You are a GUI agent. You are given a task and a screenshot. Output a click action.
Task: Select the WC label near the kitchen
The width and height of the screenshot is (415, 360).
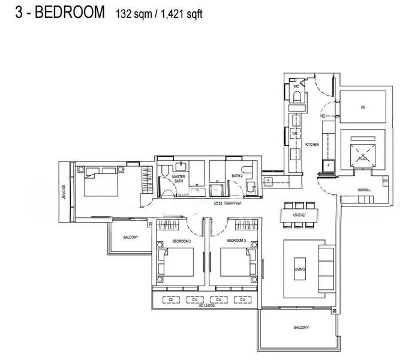(296, 87)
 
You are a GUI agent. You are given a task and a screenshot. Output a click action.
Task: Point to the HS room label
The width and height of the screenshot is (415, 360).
(362, 107)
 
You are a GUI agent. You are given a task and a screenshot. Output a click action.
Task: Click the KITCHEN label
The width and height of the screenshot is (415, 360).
(312, 145)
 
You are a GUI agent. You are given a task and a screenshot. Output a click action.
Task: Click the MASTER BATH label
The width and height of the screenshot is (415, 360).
(178, 178)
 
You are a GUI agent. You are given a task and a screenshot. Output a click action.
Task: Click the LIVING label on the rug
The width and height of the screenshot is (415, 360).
(300, 269)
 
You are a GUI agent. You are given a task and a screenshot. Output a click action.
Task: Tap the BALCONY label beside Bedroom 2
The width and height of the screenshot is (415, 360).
(131, 238)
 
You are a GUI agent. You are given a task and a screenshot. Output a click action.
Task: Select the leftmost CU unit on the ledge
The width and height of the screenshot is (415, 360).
(171, 299)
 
